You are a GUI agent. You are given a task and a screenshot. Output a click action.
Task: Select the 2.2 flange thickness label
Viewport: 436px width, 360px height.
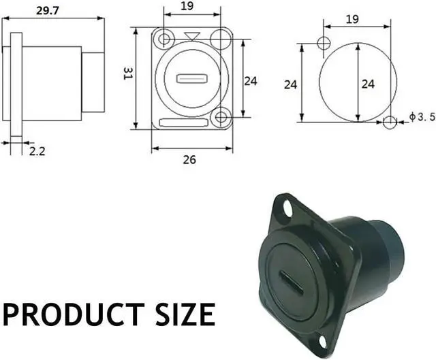point(37,151)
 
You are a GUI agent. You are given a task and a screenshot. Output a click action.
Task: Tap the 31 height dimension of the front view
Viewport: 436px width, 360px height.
point(127,73)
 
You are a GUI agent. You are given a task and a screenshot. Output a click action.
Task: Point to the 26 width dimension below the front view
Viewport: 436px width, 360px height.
point(189,160)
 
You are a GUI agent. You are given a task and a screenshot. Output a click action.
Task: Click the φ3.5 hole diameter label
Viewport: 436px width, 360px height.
point(422,118)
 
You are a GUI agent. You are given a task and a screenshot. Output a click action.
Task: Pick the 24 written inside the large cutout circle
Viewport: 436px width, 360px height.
point(368,84)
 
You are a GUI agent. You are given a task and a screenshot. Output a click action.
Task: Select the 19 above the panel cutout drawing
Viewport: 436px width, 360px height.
point(352,19)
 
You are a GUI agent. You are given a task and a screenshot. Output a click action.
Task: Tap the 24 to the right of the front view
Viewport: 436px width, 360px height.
point(251,80)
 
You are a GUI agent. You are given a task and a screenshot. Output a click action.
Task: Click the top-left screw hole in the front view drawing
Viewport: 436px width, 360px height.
point(162,39)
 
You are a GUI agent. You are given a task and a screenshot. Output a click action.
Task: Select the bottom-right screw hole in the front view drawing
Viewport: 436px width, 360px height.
point(219,118)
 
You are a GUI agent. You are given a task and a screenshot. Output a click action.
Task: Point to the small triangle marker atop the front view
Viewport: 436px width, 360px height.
point(192,35)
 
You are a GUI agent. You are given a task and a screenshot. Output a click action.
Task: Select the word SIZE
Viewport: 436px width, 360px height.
point(179,314)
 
